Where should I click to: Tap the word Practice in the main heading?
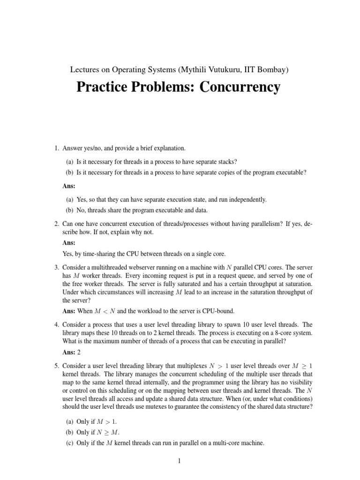(x=104, y=87)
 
